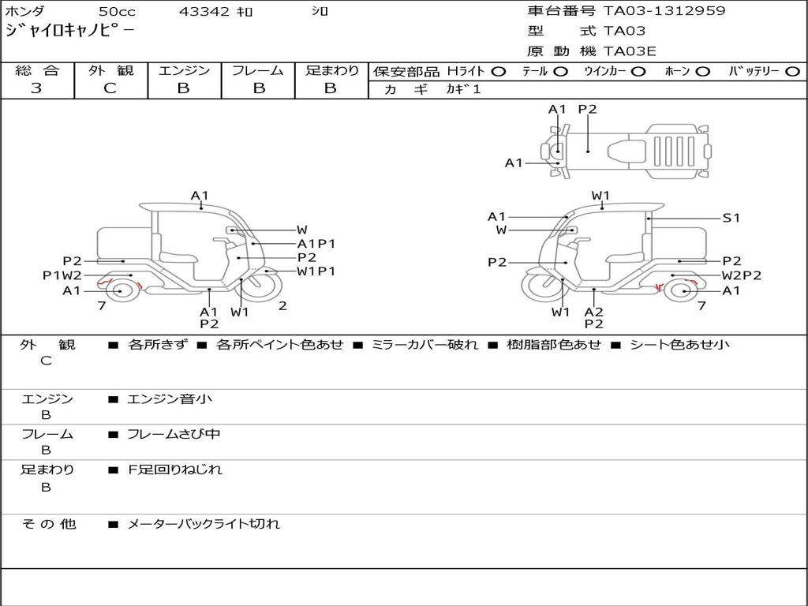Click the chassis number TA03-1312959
[x=664, y=11]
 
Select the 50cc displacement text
[x=116, y=12]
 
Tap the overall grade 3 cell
[x=36, y=88]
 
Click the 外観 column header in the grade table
[x=110, y=70]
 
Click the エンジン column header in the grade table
[x=184, y=70]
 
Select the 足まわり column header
[x=331, y=70]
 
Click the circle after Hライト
[x=498, y=71]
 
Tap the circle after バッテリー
[x=792, y=71]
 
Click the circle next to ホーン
[x=702, y=71]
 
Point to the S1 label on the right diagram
[x=731, y=218]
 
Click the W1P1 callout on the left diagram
[x=316, y=271]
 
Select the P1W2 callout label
[x=62, y=275]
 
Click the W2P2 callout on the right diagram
[x=742, y=275]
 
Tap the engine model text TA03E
[x=630, y=51]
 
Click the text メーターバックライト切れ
[x=204, y=524]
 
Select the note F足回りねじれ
[x=175, y=469]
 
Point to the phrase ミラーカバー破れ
[x=425, y=345]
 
